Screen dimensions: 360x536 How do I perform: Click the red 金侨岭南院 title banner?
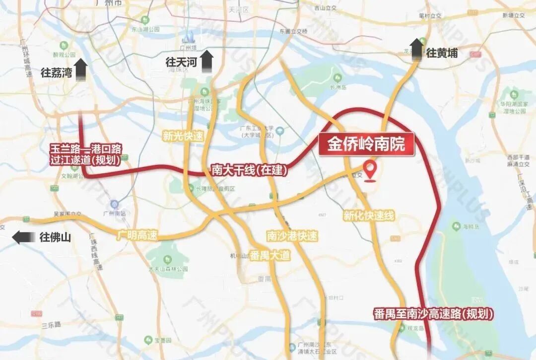click(366, 144)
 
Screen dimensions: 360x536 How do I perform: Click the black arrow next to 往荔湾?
click(80, 70)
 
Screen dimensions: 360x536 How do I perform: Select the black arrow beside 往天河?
click(206, 61)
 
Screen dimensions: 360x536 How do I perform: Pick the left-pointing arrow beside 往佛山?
click(24, 237)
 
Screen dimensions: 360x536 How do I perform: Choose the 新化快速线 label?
click(368, 215)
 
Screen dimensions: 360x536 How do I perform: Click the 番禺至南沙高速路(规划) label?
click(433, 314)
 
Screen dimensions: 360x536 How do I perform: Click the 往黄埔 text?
click(442, 53)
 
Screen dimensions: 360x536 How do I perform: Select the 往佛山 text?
click(55, 237)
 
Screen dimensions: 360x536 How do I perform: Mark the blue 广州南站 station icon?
click(115, 204)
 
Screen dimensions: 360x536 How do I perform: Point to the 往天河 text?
click(181, 62)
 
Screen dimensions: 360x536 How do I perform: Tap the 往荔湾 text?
click(57, 73)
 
